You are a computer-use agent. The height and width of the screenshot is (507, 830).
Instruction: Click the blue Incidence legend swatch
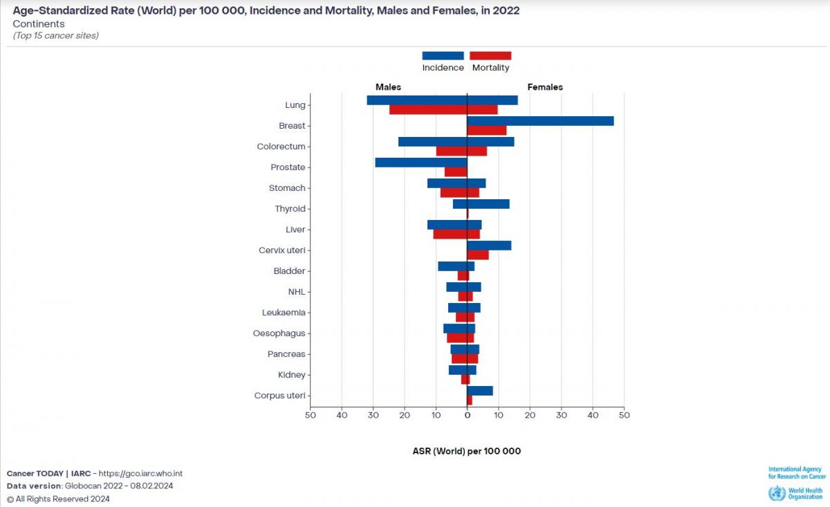click(443, 56)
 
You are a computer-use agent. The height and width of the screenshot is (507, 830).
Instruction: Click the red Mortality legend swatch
click(490, 56)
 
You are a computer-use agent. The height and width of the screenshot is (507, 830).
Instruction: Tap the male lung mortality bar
click(428, 109)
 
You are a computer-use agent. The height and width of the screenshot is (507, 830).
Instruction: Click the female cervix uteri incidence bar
click(489, 246)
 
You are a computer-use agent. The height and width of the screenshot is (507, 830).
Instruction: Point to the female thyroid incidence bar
click(488, 204)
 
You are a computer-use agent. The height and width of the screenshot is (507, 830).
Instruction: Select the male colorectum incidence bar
click(432, 142)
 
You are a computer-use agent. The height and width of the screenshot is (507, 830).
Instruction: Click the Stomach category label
click(287, 188)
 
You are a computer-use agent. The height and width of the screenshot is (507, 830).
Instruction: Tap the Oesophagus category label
click(279, 333)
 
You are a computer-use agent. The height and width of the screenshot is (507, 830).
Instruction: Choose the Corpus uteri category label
click(279, 396)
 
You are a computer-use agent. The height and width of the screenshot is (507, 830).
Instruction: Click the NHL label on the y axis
click(297, 292)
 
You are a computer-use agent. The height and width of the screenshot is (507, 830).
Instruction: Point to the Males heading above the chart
click(388, 87)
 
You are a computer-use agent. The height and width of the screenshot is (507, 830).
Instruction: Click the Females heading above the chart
click(545, 87)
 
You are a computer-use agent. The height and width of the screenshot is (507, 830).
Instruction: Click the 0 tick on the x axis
click(467, 415)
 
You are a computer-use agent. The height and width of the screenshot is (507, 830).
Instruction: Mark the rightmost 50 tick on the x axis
click(624, 415)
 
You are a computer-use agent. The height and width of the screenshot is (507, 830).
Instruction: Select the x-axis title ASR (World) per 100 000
click(466, 451)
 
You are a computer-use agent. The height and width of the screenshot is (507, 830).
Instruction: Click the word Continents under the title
click(39, 24)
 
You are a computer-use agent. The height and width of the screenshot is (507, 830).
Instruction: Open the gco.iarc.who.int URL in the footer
click(140, 473)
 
